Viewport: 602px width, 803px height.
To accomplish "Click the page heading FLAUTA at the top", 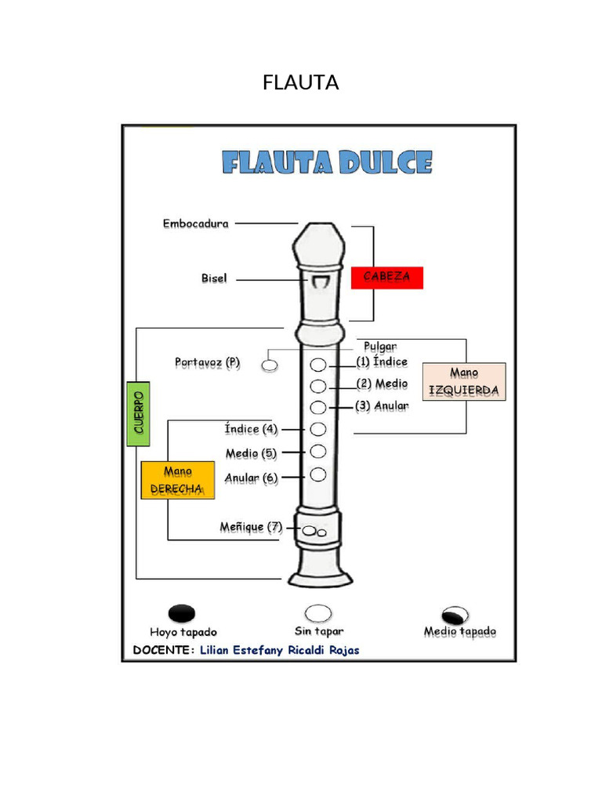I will [x=301, y=82].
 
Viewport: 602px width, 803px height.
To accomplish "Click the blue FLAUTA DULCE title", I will [x=327, y=163].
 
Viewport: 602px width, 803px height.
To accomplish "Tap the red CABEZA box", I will [x=386, y=278].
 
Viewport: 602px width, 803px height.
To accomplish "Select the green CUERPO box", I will [x=138, y=413].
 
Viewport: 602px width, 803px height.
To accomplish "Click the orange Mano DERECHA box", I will [x=178, y=480].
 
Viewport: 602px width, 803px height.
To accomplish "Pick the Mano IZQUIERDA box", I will [x=464, y=381].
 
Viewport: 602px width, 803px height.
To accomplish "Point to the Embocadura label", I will [x=196, y=223].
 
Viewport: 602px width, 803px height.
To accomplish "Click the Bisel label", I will [x=214, y=278].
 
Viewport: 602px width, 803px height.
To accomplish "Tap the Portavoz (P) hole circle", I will [x=270, y=365].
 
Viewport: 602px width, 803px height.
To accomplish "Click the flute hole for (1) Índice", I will [x=318, y=365].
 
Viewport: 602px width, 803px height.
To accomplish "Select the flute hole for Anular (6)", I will [x=317, y=474].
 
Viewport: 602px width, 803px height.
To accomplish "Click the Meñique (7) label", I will [x=251, y=527].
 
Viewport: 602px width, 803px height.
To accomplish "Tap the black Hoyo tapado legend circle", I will [x=182, y=613].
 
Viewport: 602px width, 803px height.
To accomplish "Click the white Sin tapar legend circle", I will [x=318, y=613].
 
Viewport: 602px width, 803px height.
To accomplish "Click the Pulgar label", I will [x=380, y=346].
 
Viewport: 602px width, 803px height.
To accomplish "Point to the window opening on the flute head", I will [x=318, y=281].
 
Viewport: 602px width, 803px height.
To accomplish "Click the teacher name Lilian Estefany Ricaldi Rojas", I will [x=280, y=650].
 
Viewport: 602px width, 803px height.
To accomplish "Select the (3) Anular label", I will [x=382, y=405].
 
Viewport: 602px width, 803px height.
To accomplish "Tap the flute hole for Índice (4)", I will [x=317, y=428].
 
